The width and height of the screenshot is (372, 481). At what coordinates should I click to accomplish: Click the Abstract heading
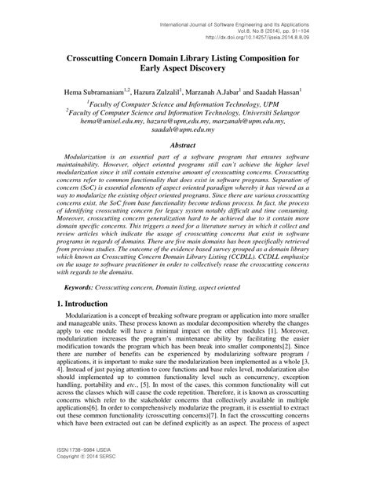186,147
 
